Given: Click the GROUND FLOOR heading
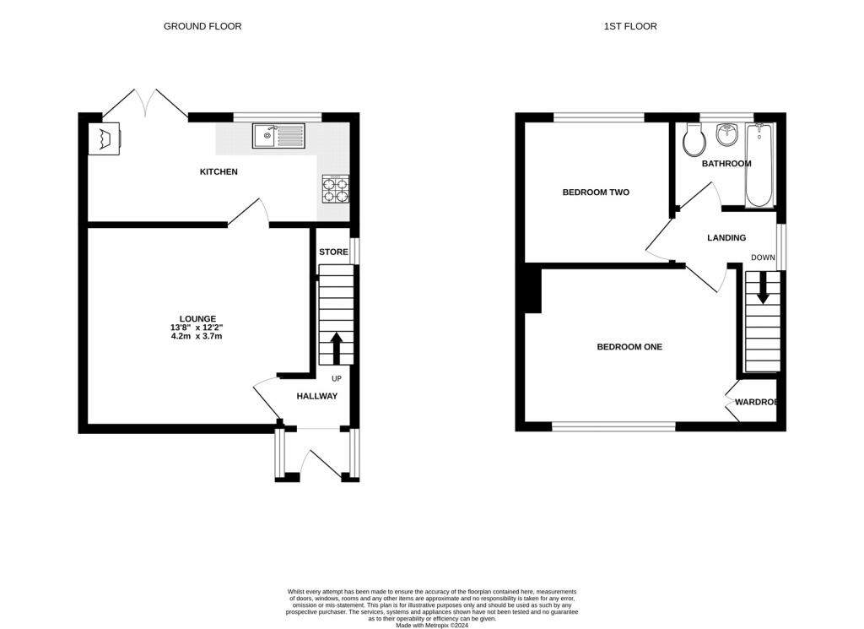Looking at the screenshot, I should (202, 26).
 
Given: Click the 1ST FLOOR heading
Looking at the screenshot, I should (630, 26).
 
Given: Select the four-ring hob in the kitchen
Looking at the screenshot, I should (335, 189).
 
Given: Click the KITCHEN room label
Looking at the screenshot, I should (219, 172).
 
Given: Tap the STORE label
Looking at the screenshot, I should (333, 252).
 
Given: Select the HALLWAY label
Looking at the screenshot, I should (316, 396).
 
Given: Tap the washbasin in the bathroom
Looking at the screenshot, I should (726, 135).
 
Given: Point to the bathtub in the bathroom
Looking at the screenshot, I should (758, 165).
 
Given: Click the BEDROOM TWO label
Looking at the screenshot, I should (596, 192).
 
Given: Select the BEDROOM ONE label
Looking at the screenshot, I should (629, 347).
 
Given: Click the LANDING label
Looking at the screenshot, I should (726, 238).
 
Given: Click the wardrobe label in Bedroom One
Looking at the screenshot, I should (755, 402).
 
